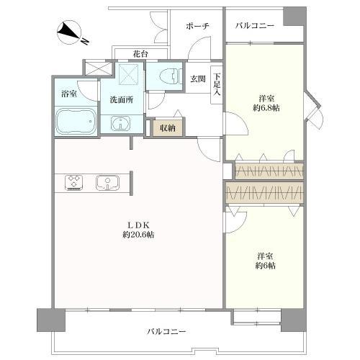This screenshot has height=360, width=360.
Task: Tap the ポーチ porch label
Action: pyautogui.click(x=197, y=26)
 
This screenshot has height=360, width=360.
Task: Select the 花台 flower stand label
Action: pyautogui.click(x=141, y=53)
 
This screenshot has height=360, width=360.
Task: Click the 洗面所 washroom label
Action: pyautogui.click(x=120, y=100)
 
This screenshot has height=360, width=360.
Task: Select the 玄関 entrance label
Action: pyautogui.click(x=197, y=79)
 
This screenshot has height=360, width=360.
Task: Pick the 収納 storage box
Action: pyautogui.click(x=168, y=128)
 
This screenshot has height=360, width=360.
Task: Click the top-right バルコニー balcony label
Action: pyautogui.click(x=255, y=26)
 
